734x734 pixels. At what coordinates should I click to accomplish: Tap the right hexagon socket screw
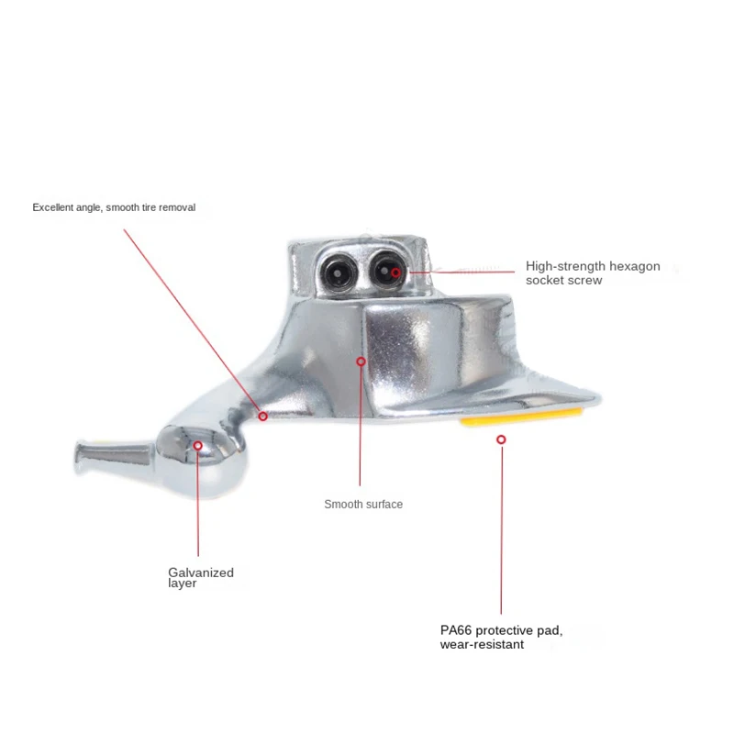coord(387,270)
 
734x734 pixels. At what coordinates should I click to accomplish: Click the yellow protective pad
coord(521,417)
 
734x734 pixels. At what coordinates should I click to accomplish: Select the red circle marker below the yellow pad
coord(501,439)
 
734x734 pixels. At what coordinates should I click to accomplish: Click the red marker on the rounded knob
coord(198,446)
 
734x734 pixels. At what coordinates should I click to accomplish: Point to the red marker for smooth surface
coord(361,361)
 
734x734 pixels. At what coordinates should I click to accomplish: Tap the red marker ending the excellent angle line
coord(263,417)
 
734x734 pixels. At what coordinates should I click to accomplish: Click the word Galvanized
coord(201,573)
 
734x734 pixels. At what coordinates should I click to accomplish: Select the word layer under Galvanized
coord(182,584)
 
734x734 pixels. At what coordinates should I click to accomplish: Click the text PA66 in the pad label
coord(456,630)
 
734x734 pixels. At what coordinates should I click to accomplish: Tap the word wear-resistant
coord(482,645)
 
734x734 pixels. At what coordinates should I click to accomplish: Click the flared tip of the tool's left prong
coord(81,458)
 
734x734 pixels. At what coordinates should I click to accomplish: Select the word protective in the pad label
coord(504,631)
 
